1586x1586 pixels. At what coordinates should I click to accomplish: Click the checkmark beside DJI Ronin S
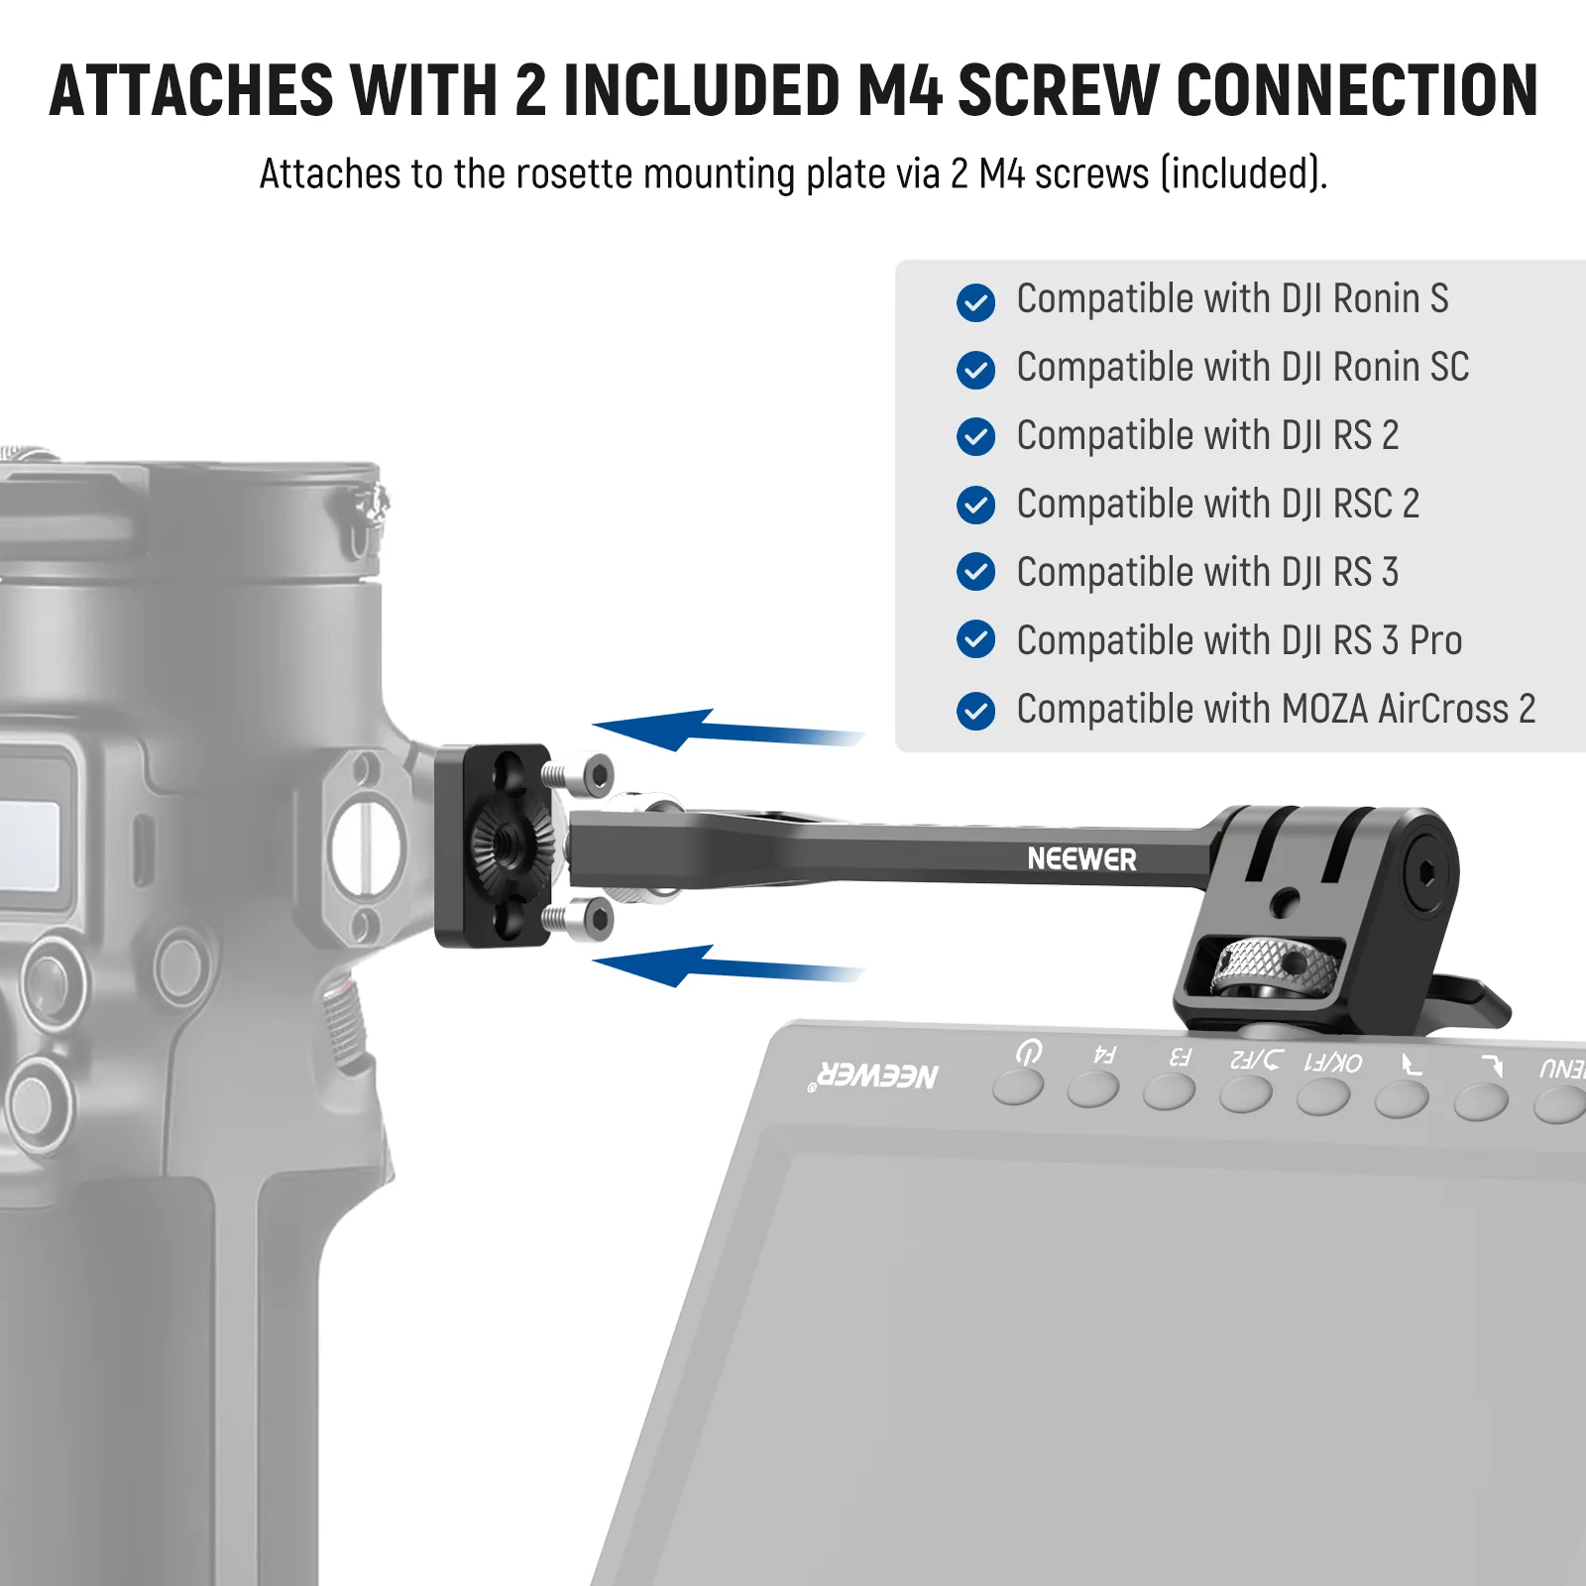click(975, 302)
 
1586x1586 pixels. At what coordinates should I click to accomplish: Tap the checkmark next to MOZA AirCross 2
click(975, 711)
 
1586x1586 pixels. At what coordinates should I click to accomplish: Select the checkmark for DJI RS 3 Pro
click(975, 639)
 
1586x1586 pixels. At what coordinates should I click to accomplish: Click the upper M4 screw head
click(598, 775)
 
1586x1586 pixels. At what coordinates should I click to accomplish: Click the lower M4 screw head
click(598, 919)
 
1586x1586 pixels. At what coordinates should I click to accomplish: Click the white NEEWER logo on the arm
click(1081, 859)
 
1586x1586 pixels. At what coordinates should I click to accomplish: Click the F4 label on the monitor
click(1104, 1056)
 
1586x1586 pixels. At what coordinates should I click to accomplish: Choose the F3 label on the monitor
click(1180, 1058)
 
